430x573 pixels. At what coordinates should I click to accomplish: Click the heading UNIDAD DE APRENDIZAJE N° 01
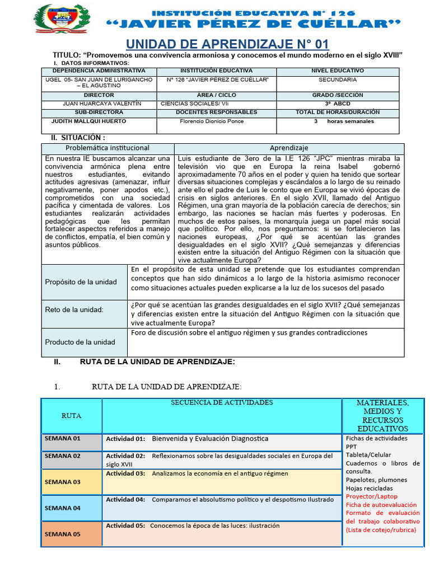(x=227, y=44)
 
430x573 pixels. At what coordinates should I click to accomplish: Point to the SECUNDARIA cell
(x=338, y=79)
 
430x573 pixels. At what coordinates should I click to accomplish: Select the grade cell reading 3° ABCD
(x=337, y=104)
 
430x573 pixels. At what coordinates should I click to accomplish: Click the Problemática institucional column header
(x=107, y=148)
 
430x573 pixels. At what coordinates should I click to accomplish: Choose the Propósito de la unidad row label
(x=81, y=281)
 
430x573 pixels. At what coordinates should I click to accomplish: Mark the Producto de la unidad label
(x=80, y=342)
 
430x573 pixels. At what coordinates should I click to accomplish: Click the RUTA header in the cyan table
(x=71, y=416)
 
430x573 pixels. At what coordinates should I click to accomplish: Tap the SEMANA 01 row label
(x=63, y=438)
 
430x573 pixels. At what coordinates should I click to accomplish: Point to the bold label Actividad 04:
(x=125, y=500)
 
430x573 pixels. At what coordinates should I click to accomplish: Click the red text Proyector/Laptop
(x=372, y=496)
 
